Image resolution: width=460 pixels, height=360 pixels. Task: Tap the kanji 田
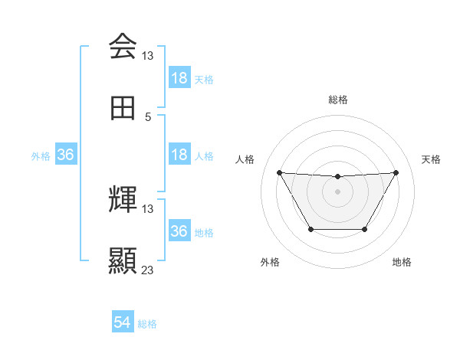click(123, 109)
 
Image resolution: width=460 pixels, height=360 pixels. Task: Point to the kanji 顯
click(123, 260)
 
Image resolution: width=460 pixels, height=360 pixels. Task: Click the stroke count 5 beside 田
click(148, 117)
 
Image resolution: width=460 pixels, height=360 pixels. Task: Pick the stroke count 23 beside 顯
click(148, 270)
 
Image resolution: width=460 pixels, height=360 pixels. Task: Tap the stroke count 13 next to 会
click(148, 56)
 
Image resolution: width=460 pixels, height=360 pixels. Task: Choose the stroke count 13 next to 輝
click(148, 208)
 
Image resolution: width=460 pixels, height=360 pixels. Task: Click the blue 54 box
click(123, 323)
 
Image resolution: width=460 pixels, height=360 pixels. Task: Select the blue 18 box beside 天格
click(179, 78)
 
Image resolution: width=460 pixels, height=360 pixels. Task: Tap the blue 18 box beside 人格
click(179, 155)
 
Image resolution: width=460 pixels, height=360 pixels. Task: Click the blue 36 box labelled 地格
click(179, 231)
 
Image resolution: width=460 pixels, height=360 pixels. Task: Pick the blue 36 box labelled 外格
click(66, 155)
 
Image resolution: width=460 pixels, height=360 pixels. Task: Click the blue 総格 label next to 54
click(147, 324)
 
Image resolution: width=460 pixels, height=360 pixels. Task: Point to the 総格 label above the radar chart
click(337, 100)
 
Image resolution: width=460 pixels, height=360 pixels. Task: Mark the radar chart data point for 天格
click(396, 172)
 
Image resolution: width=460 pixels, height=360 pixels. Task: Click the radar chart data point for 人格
click(279, 172)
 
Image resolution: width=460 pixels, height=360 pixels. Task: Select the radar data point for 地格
click(364, 229)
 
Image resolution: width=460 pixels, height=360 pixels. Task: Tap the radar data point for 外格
click(310, 229)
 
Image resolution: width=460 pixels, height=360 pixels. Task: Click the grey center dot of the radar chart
click(337, 191)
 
